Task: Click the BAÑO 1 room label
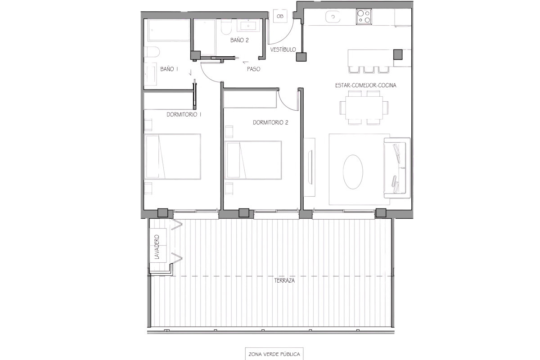(x=169, y=69)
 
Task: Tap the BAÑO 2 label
(x=239, y=40)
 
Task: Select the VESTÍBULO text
(x=283, y=49)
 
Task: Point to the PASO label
(x=254, y=69)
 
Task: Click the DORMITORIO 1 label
(x=184, y=115)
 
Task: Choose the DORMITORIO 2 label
(x=270, y=122)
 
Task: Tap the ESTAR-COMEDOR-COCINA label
(x=366, y=85)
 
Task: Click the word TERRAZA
(x=284, y=281)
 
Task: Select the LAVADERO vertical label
(x=157, y=247)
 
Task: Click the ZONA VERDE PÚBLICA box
(x=274, y=354)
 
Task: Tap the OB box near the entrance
(x=280, y=16)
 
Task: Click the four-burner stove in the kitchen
(x=364, y=17)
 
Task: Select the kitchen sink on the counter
(x=333, y=17)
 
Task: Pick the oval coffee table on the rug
(x=353, y=172)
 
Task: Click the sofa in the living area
(x=397, y=168)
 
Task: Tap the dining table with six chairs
(x=364, y=108)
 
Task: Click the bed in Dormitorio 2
(x=253, y=160)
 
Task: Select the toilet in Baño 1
(x=152, y=52)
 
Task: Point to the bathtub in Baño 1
(x=169, y=30)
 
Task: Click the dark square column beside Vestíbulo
(x=301, y=57)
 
